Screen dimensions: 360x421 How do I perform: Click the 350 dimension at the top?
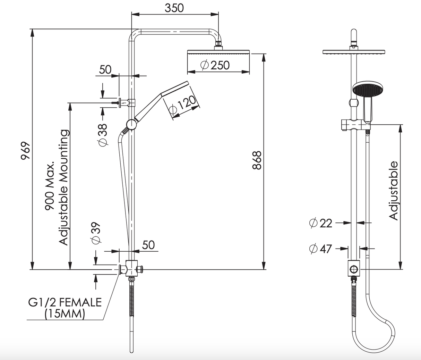(174, 8)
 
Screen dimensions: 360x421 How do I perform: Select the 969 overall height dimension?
(25, 150)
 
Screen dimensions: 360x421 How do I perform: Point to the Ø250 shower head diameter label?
(215, 65)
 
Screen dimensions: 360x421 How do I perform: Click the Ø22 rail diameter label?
(320, 223)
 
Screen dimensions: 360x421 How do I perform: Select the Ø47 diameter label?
(320, 249)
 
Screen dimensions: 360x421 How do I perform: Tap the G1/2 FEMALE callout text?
(65, 302)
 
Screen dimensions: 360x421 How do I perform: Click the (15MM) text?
(65, 313)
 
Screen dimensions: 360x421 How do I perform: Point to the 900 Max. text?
(50, 186)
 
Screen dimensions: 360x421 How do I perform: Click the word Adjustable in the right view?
(393, 191)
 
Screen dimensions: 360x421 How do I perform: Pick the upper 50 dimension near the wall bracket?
(105, 69)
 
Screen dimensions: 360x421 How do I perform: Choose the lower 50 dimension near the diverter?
(148, 245)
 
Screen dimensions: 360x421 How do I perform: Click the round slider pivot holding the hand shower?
(131, 124)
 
